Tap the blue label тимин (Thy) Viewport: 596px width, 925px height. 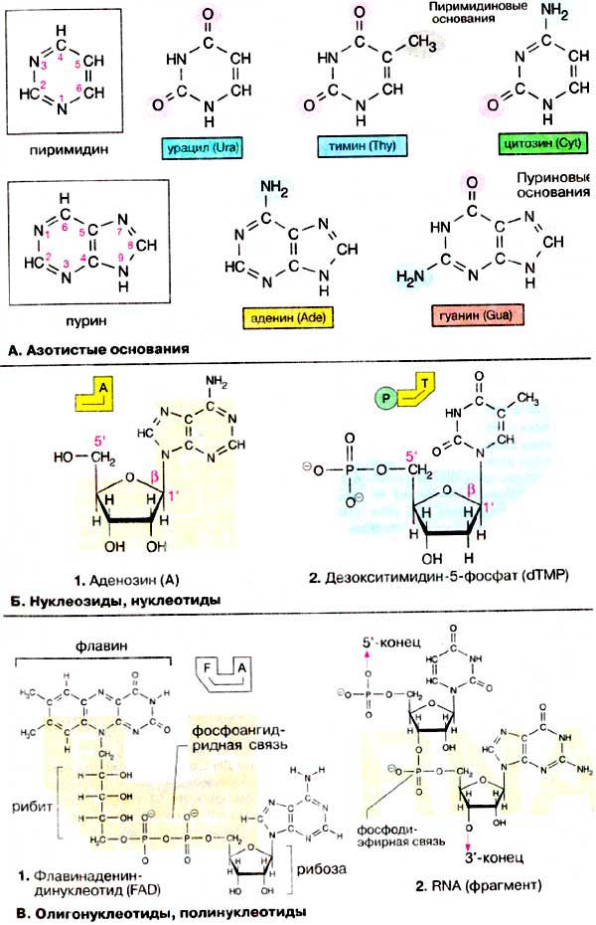(x=357, y=146)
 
